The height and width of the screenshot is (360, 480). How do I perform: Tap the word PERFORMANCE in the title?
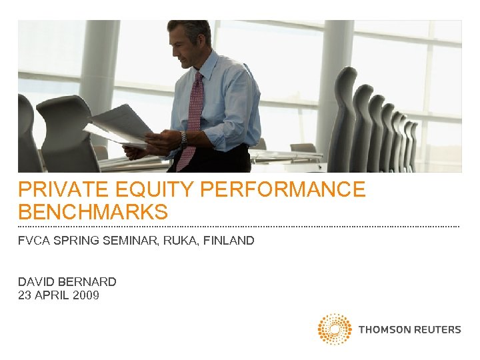pos(283,190)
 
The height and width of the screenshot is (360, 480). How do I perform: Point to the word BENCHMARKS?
pos(93,213)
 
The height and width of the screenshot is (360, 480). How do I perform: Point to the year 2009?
pos(86,295)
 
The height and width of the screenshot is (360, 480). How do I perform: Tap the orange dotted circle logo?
pos(334,329)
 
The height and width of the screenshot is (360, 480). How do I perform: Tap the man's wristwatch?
pos(183,138)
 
